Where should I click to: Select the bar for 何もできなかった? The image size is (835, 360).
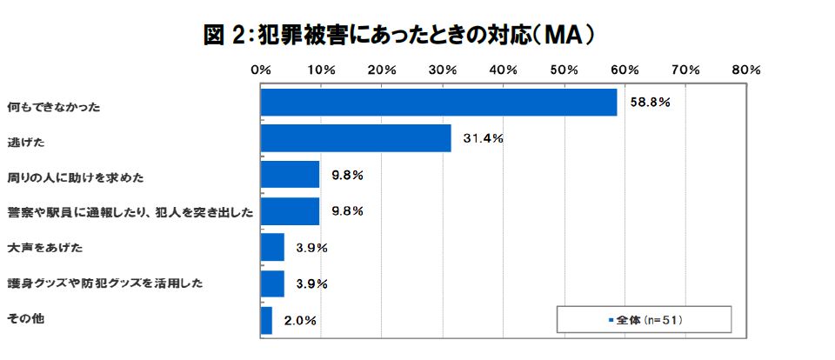438,102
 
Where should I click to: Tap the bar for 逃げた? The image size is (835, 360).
356,138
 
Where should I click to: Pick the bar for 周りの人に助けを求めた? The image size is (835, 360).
290,175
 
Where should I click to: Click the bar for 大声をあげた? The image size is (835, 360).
272,247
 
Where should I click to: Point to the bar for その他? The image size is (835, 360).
266,320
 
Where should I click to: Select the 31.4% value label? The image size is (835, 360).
483,138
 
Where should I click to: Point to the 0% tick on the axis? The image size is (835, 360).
260,69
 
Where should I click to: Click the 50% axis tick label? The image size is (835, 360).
564,69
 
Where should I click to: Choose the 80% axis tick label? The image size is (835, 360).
747,69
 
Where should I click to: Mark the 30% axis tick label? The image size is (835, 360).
443,69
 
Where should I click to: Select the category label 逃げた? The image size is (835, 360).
26,142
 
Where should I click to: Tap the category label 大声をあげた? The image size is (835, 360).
44,248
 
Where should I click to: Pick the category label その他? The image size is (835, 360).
25,319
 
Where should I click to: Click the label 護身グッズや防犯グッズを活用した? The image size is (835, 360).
105,283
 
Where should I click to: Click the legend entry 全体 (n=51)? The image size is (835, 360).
647,320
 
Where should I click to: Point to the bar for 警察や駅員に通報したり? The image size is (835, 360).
290,211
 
